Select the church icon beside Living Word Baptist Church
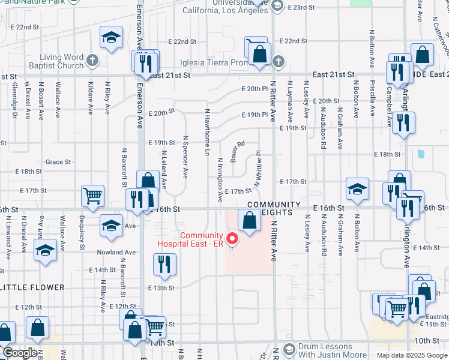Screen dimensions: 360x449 click(x=92, y=60)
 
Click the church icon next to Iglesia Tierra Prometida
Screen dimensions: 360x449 click(x=277, y=61)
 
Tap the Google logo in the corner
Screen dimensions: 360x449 click(x=19, y=353)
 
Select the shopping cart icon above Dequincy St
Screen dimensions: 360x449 click(x=93, y=196)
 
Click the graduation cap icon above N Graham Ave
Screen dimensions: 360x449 click(x=357, y=189)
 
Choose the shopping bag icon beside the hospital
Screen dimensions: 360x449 click(x=250, y=220)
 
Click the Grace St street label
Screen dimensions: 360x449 click(x=58, y=162)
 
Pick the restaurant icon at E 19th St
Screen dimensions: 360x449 click(x=403, y=124)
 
